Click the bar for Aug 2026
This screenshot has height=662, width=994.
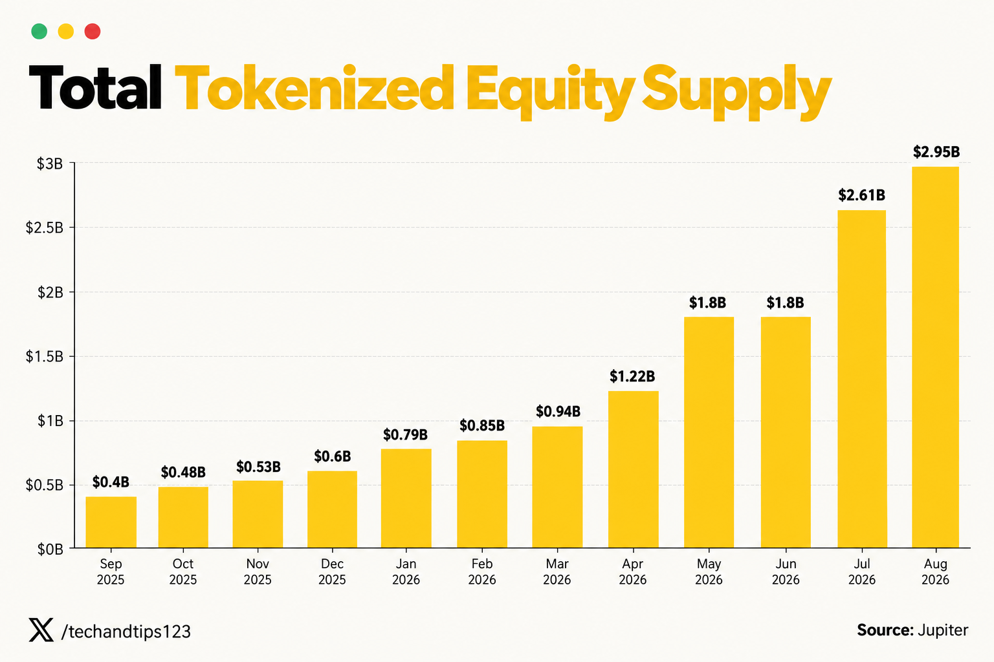click(935, 357)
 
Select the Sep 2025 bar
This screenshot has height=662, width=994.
click(111, 522)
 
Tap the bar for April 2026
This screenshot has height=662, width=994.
click(634, 469)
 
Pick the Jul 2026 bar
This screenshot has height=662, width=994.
click(862, 379)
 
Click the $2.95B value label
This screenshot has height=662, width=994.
click(936, 152)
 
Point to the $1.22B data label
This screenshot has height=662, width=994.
click(632, 376)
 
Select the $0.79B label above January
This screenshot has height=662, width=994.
click(405, 434)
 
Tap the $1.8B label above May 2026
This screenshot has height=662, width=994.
click(707, 303)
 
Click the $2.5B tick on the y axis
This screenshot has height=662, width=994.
click(45, 228)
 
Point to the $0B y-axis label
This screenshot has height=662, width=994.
click(50, 550)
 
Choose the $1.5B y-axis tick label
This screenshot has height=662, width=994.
click(45, 356)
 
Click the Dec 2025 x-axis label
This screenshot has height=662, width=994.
click(332, 571)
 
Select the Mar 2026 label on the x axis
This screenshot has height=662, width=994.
click(557, 571)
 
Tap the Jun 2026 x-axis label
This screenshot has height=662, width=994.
click(786, 571)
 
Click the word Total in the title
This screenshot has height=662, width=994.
click(95, 87)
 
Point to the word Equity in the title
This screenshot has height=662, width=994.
click(550, 92)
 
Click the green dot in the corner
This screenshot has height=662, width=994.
click(39, 32)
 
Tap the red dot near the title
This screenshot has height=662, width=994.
click(93, 32)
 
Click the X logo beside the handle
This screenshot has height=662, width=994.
click(41, 630)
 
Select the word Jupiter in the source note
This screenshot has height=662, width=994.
click(943, 630)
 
